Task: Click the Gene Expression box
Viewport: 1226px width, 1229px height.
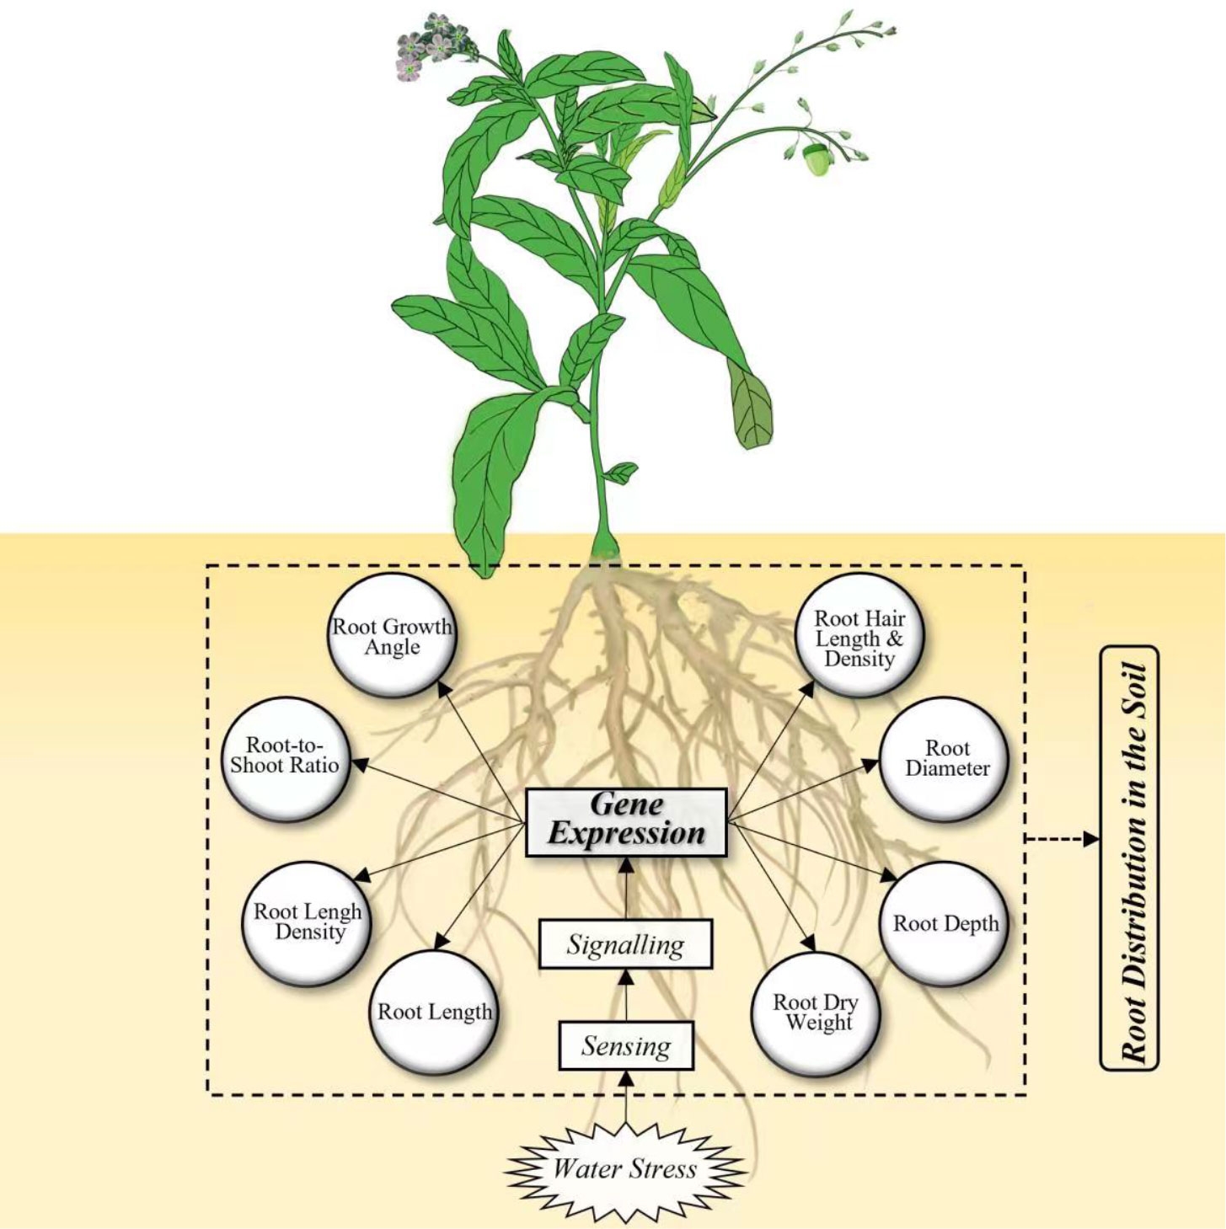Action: point(626,821)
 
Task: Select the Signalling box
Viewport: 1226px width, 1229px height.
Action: point(625,944)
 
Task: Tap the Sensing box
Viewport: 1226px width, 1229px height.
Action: point(626,1045)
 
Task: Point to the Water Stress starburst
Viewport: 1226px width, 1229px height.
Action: point(624,1168)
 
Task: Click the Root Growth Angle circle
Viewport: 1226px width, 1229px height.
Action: point(392,636)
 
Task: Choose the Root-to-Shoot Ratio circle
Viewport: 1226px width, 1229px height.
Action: point(285,756)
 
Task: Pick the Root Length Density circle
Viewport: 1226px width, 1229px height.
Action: point(308,922)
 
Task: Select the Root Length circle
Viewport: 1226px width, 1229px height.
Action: point(434,1012)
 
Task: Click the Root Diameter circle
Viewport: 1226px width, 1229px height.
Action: point(946,758)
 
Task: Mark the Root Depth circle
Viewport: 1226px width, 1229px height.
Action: point(945,923)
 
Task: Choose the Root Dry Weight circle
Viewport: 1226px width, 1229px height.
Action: point(815,1013)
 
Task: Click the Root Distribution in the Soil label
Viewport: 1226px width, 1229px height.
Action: point(1129,858)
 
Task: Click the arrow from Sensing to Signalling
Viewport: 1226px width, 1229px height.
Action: point(626,994)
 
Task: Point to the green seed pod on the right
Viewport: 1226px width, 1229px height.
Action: point(815,159)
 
